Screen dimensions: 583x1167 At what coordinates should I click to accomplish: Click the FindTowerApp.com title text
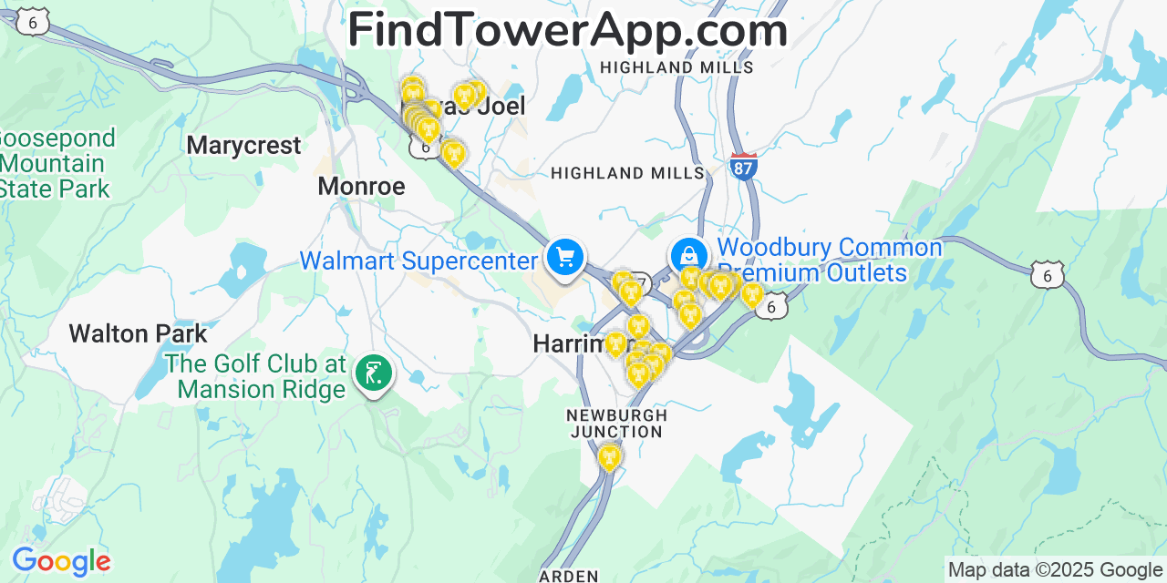tap(567, 31)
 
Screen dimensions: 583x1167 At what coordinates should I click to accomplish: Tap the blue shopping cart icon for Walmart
tap(565, 258)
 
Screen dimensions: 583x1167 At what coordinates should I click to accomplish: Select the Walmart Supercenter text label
tap(418, 261)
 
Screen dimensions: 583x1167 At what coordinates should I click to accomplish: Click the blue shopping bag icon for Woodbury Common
tap(689, 256)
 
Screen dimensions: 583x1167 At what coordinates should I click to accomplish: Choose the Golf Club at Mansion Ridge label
tap(256, 377)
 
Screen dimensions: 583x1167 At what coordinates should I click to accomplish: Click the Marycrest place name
tap(243, 146)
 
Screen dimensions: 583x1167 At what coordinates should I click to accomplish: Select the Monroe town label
tap(361, 187)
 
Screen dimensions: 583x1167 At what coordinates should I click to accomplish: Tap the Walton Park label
tap(139, 333)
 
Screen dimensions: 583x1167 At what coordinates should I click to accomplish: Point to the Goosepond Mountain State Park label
tap(57, 164)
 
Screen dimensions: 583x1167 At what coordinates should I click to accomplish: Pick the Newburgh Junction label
tap(616, 423)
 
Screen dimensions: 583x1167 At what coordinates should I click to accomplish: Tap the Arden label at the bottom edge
tap(568, 576)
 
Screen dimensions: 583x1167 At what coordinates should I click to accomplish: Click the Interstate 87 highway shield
tap(744, 166)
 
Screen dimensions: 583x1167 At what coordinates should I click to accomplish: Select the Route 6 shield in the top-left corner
tap(33, 24)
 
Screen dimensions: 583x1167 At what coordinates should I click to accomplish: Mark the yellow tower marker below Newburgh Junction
tap(609, 456)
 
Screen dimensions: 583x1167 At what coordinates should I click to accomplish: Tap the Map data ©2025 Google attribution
tap(1055, 570)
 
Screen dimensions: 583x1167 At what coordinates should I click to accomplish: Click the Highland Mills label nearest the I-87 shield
tap(628, 173)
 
